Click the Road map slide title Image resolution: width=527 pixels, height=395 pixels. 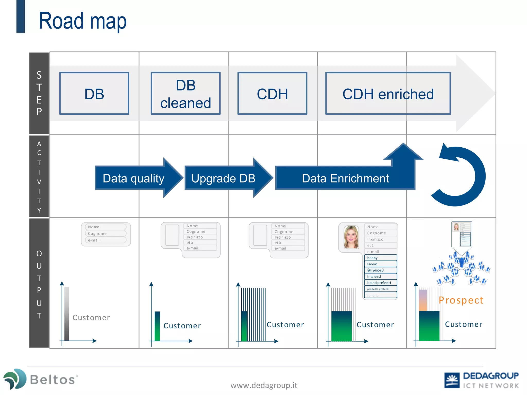[x=82, y=21]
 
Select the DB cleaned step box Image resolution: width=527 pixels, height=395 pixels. [x=186, y=94]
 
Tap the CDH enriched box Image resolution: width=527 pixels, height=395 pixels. [x=388, y=94]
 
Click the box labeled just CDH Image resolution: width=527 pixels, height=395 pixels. [x=272, y=94]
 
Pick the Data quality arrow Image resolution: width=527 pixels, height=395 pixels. [x=134, y=178]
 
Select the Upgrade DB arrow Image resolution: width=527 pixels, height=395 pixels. [x=223, y=178]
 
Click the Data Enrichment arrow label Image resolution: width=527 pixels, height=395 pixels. [x=345, y=178]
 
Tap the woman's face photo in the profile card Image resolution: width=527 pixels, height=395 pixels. [x=351, y=237]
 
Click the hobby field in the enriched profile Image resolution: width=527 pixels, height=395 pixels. [x=380, y=258]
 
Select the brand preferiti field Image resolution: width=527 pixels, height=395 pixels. [x=380, y=283]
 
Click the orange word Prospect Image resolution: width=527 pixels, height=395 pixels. [x=461, y=300]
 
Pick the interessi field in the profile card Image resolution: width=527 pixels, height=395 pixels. [x=380, y=276]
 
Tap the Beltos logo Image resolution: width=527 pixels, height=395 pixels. [x=41, y=379]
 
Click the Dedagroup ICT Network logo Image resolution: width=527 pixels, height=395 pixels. [x=481, y=380]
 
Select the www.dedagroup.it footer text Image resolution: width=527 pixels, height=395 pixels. [x=264, y=385]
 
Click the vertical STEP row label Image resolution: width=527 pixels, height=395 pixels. [x=39, y=93]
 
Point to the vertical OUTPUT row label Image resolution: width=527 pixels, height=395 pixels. [x=39, y=284]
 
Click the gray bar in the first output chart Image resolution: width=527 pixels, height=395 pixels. [x=67, y=314]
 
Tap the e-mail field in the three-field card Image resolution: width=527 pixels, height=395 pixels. [x=106, y=240]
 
